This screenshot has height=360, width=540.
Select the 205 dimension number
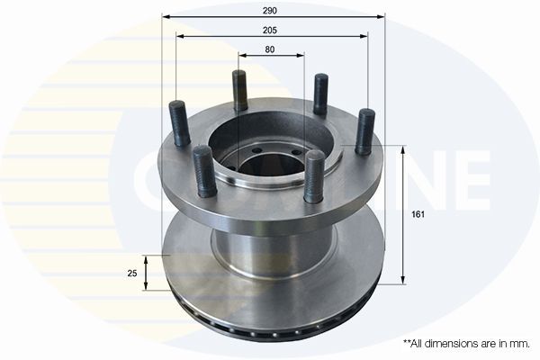click(x=271, y=30)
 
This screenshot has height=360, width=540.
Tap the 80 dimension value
click(x=271, y=49)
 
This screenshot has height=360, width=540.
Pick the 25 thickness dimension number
click(x=131, y=274)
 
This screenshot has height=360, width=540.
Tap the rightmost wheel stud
click(x=365, y=130)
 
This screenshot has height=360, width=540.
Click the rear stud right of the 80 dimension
click(x=319, y=94)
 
